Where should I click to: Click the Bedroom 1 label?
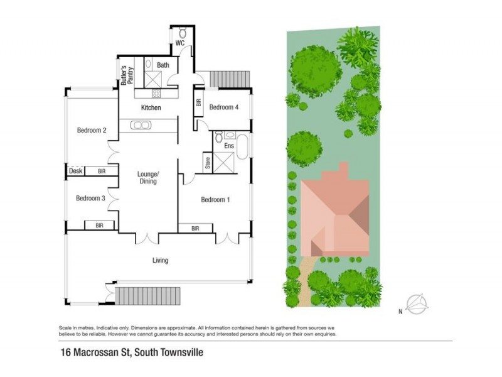click(x=215, y=200)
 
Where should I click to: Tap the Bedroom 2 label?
click(x=92, y=131)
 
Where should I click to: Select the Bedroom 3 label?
click(x=90, y=199)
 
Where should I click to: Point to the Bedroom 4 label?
click(x=224, y=107)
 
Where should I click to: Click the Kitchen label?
click(x=151, y=108)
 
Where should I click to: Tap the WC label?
click(x=179, y=43)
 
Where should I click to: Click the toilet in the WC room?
click(x=183, y=32)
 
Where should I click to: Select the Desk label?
click(x=75, y=171)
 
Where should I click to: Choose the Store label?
click(x=207, y=162)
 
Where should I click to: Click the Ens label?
click(x=229, y=146)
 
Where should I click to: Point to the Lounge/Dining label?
click(x=148, y=177)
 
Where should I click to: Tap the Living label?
click(x=161, y=260)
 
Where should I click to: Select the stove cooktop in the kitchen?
click(x=156, y=94)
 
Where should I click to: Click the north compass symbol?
click(x=417, y=304)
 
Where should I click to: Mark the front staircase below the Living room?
click(x=147, y=295)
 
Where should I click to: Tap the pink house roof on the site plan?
click(x=335, y=214)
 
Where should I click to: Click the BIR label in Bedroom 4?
click(x=199, y=104)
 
